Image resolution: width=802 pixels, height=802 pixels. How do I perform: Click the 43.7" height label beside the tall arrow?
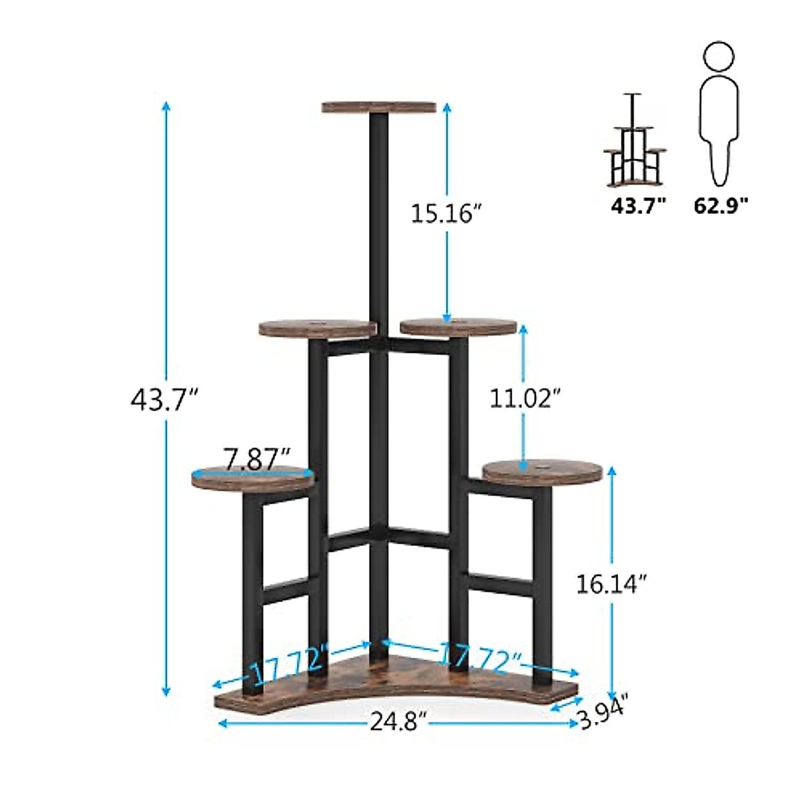(x=165, y=399)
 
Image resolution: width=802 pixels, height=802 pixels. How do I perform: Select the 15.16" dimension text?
(x=446, y=213)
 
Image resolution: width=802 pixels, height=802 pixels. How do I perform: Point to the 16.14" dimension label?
(x=612, y=584)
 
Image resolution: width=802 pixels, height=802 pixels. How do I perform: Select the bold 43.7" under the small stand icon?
(x=638, y=205)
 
